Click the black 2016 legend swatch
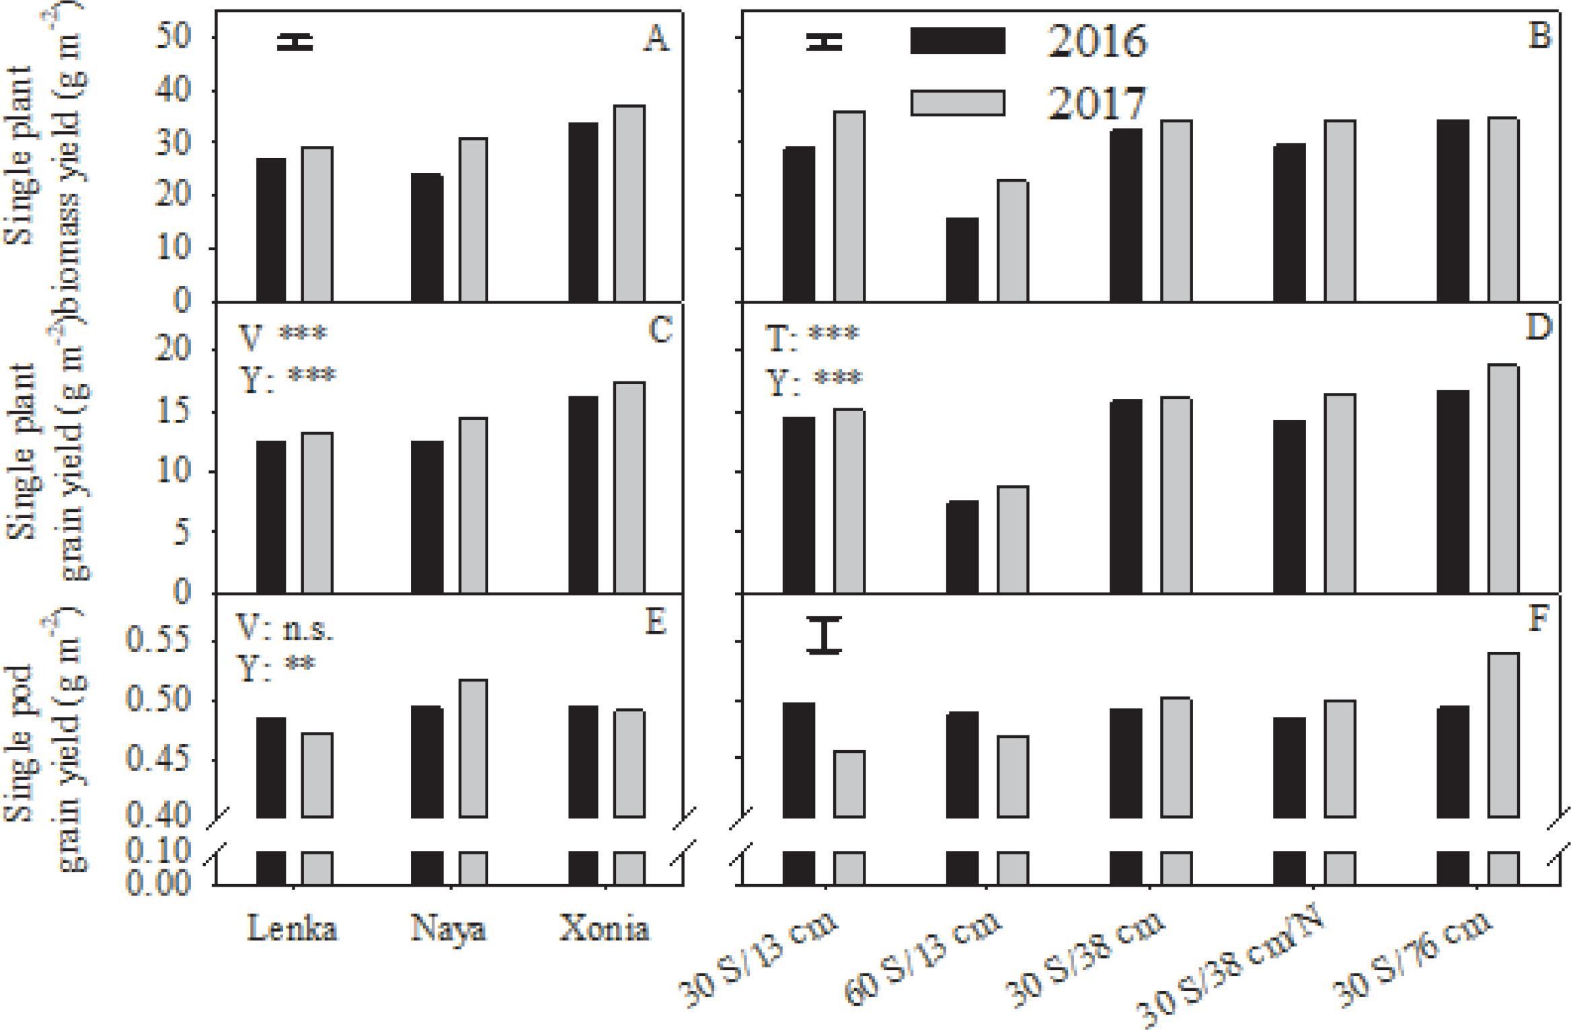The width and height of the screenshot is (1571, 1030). tap(957, 41)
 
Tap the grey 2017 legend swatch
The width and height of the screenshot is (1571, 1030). tap(957, 103)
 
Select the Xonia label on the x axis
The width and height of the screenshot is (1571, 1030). tap(605, 929)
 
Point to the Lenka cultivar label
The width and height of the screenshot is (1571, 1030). tap(293, 929)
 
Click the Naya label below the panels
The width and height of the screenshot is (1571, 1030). tap(448, 929)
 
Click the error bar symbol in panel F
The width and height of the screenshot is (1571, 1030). tap(825, 636)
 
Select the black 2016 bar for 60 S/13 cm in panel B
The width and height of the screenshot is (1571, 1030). tap(962, 259)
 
